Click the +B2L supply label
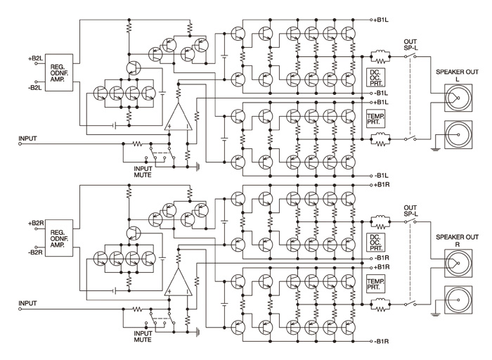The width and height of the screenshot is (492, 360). [x=35, y=58]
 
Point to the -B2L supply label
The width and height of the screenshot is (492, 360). [x=34, y=88]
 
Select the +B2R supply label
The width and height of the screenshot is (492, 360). [x=35, y=224]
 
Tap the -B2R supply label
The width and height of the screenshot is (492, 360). [x=35, y=252]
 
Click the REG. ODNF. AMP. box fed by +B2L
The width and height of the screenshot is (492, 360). [x=59, y=73]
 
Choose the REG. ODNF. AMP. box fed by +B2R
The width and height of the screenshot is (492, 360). [x=59, y=238]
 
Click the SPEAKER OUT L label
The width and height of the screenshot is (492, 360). [x=457, y=75]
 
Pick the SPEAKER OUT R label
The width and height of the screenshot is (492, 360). [x=457, y=240]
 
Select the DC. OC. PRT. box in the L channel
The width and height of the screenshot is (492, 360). [x=375, y=77]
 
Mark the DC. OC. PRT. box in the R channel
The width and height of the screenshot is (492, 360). [x=375, y=243]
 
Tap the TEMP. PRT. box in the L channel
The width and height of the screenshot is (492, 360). [x=375, y=118]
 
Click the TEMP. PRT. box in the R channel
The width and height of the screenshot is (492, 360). [x=375, y=284]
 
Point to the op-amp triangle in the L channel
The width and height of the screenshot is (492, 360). [x=178, y=117]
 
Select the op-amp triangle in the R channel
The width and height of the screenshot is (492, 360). [x=178, y=282]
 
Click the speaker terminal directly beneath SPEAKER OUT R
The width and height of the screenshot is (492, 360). [x=458, y=263]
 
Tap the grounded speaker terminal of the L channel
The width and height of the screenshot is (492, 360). [x=458, y=134]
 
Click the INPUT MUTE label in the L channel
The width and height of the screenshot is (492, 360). [x=143, y=172]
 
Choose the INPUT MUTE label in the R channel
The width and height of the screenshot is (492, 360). [x=143, y=337]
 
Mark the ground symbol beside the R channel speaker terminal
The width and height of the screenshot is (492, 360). [x=435, y=314]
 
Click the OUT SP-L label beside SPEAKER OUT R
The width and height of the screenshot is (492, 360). [x=410, y=211]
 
